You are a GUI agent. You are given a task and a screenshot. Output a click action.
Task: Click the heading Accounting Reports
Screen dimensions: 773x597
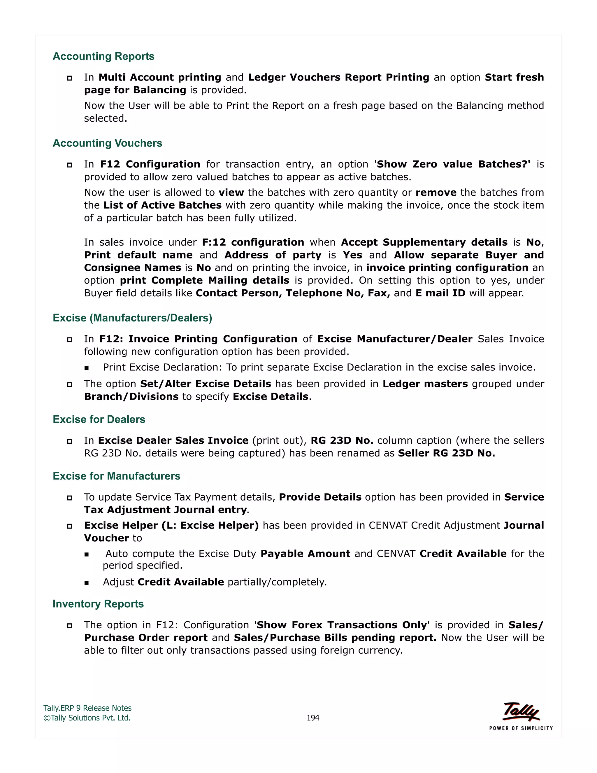(x=103, y=56)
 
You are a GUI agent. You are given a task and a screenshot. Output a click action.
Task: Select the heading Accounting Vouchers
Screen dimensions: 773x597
(x=107, y=143)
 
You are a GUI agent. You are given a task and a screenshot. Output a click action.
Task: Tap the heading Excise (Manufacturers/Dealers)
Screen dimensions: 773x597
(x=132, y=318)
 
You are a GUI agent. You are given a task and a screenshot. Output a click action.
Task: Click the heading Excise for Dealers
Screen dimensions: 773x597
(x=99, y=419)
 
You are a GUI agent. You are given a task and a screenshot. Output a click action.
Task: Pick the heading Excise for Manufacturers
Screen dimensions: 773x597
(x=116, y=476)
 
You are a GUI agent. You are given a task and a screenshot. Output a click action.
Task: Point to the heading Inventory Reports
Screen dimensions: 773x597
(x=98, y=604)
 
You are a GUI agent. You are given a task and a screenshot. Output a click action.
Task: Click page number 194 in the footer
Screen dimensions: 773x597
(x=313, y=718)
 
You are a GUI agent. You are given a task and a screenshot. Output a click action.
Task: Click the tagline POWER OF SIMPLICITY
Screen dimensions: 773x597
(x=521, y=728)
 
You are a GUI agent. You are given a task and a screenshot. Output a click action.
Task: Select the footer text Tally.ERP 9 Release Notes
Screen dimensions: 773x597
(x=87, y=708)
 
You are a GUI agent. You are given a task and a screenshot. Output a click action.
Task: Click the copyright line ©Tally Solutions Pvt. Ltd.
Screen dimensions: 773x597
(x=87, y=718)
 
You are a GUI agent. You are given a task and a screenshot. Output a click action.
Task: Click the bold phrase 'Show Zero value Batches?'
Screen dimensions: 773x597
(x=453, y=164)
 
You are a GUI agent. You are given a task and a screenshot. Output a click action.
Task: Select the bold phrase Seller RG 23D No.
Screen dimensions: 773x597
(x=446, y=453)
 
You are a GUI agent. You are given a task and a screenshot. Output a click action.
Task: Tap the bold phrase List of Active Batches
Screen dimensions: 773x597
(x=162, y=205)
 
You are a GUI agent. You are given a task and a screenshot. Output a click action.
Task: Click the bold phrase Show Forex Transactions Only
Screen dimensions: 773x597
(x=342, y=625)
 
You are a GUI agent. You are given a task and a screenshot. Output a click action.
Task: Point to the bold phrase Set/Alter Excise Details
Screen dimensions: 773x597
(x=206, y=384)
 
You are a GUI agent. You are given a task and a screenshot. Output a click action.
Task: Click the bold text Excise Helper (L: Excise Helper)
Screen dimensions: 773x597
(x=171, y=526)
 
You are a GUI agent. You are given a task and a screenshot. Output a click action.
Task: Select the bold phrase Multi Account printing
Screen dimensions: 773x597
(x=160, y=77)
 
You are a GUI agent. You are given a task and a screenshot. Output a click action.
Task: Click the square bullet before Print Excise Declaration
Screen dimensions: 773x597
(x=87, y=368)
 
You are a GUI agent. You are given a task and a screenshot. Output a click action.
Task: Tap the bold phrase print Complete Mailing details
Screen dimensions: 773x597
(x=204, y=280)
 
